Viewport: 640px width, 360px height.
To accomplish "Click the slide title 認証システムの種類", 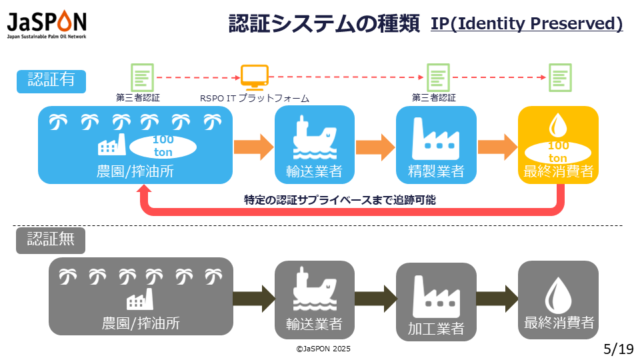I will click(x=324, y=24).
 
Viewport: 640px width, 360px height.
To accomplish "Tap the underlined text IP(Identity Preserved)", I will click(x=527, y=24).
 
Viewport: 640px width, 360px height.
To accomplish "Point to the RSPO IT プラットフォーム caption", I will click(x=255, y=98).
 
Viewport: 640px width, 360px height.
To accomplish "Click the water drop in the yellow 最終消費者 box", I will click(x=557, y=125).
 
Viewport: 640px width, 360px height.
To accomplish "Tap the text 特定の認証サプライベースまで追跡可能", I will click(x=340, y=199).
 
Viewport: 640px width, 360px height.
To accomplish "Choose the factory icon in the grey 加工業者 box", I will click(x=436, y=296).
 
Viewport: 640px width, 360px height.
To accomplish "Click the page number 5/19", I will click(x=617, y=349).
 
